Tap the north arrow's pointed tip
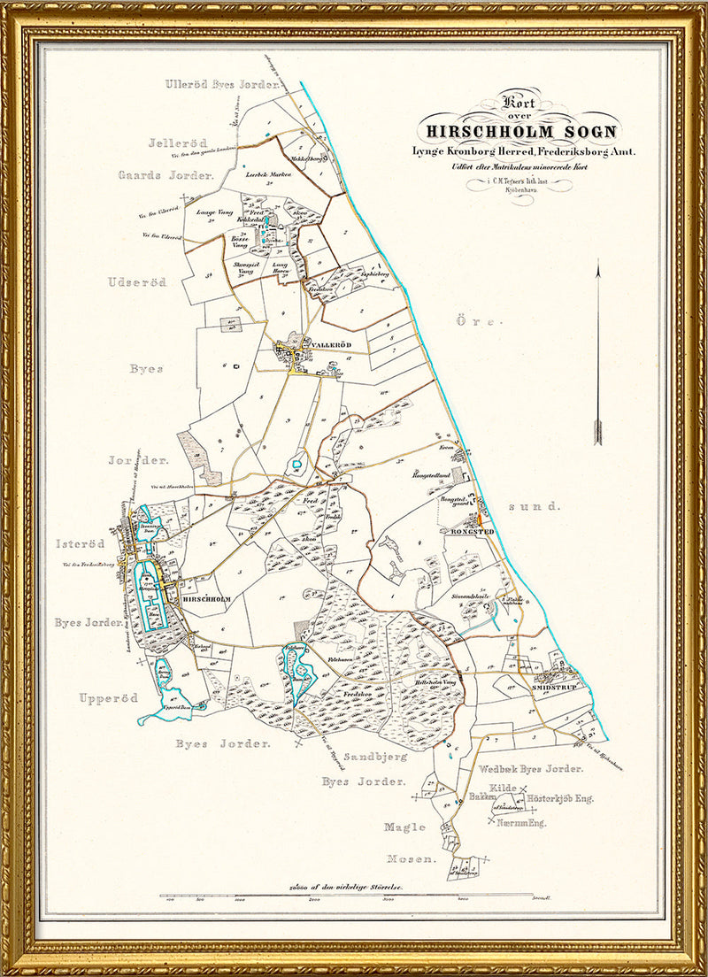(x=598, y=262)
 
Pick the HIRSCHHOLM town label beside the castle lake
(x=206, y=599)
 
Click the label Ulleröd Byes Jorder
(x=222, y=84)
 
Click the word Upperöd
(x=109, y=698)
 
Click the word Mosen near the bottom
(x=411, y=859)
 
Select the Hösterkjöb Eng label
(x=560, y=798)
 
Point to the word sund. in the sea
(x=542, y=506)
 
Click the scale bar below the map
(x=354, y=898)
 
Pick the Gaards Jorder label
(x=166, y=175)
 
